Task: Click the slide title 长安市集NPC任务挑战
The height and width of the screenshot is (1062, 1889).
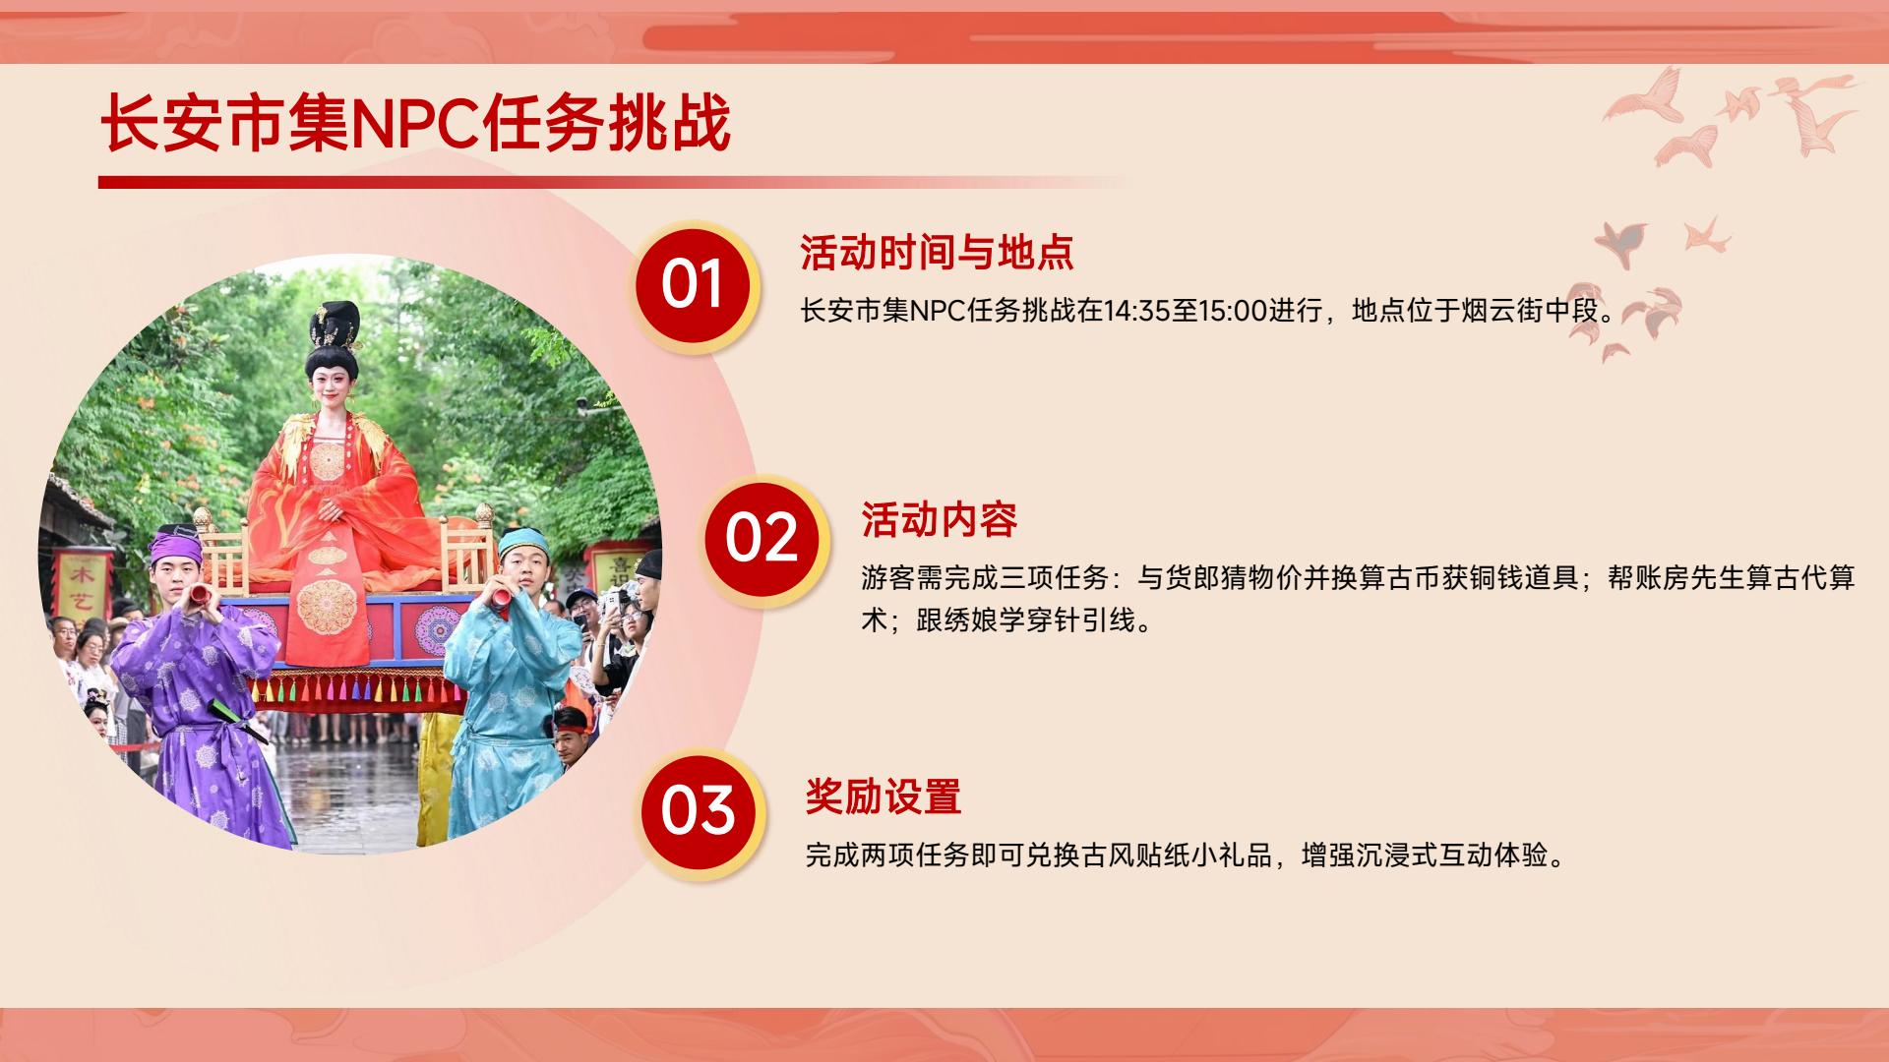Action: tap(415, 124)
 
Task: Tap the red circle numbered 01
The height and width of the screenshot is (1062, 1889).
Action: tap(693, 285)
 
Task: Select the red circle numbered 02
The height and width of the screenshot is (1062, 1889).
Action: tap(762, 539)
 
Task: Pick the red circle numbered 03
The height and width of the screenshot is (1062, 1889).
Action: tap(698, 811)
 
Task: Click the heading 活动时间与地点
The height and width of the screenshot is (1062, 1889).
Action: tap(936, 253)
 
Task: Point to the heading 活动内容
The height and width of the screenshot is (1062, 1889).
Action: tap(939, 520)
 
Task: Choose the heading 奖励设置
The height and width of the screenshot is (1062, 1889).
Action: tap(883, 796)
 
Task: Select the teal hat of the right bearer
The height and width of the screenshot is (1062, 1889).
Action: tap(521, 541)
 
